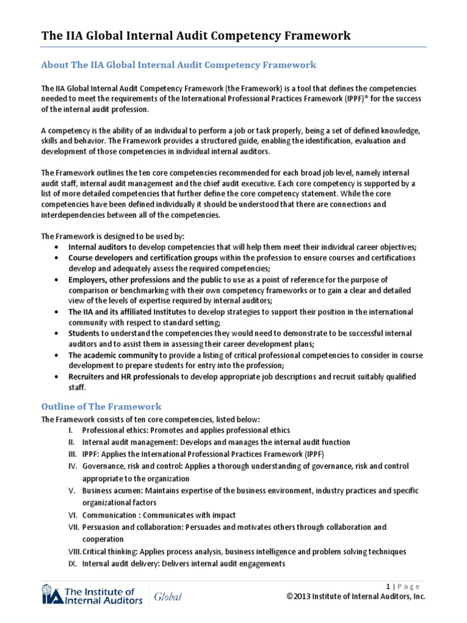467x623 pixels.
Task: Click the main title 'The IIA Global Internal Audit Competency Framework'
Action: pos(195,35)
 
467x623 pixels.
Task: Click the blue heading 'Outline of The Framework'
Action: pos(101,406)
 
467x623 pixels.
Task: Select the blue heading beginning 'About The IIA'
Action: pos(178,64)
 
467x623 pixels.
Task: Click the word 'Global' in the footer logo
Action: pos(167,597)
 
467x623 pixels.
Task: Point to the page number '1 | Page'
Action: pos(403,586)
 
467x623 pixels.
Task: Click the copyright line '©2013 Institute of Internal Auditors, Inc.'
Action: pos(356,597)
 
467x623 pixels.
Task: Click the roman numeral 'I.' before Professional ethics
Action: pos(71,430)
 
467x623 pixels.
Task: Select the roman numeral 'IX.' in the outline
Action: pos(71,563)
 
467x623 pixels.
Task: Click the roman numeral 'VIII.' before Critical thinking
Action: pos(74,552)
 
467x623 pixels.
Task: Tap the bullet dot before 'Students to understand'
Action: pos(56,334)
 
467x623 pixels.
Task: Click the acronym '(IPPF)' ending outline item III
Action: pos(311,454)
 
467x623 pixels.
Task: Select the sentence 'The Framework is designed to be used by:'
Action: pos(112,235)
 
